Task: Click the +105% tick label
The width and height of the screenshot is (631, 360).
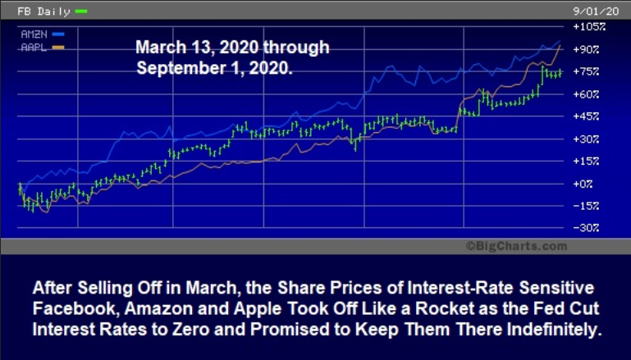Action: pos(589,27)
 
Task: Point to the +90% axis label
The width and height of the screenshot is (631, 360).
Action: pos(587,49)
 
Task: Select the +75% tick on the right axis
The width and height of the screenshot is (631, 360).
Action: pos(587,71)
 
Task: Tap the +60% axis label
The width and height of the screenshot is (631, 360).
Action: pos(587,94)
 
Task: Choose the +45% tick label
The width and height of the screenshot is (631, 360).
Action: pos(587,116)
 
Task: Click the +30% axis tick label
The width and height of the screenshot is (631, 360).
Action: pos(587,139)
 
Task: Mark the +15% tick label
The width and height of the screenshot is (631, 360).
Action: pos(587,162)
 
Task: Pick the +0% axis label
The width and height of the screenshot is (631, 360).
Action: pos(583,184)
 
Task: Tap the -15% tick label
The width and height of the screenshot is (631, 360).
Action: pos(587,206)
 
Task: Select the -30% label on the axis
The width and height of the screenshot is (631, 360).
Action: pos(587,228)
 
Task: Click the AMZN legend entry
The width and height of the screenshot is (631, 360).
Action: pos(42,34)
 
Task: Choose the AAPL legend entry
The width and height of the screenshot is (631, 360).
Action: pos(42,48)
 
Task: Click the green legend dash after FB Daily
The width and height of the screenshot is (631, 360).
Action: pos(81,11)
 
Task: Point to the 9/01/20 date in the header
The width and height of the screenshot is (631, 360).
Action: pos(596,11)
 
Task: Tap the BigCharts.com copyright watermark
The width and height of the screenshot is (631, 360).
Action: pos(517,246)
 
